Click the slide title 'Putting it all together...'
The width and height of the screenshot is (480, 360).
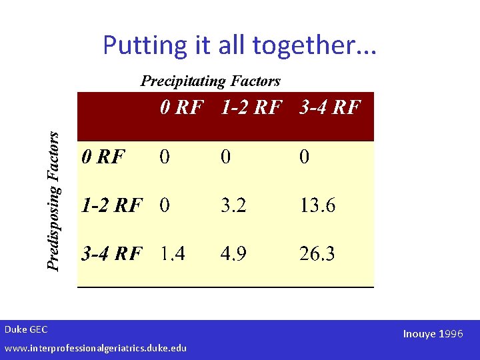click(x=239, y=45)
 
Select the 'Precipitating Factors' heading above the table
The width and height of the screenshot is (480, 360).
click(x=210, y=81)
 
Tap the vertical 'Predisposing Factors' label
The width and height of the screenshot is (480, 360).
click(x=55, y=200)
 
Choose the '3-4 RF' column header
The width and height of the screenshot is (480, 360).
click(x=330, y=107)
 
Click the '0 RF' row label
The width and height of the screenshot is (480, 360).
click(x=103, y=157)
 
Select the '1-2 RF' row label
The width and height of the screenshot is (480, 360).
click(x=111, y=205)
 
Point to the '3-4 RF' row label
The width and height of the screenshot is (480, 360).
click(x=111, y=253)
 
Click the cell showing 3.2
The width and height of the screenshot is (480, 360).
click(x=233, y=205)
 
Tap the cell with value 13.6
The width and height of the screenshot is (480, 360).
click(x=317, y=205)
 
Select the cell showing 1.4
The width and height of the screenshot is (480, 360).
click(x=172, y=253)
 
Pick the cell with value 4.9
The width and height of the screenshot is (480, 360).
click(x=233, y=253)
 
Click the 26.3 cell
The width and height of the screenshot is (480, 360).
click(x=317, y=253)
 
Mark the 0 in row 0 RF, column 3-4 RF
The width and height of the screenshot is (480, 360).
click(x=304, y=157)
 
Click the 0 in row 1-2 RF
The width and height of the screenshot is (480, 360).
click(x=165, y=205)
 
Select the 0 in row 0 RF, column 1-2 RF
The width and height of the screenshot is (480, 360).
click(x=227, y=157)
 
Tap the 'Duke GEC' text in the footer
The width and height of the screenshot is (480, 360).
click(x=26, y=329)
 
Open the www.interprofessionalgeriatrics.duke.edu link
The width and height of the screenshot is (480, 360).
click(x=95, y=348)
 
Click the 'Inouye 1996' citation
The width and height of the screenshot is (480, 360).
click(x=432, y=333)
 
